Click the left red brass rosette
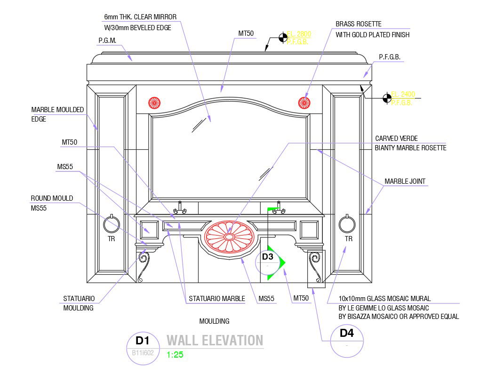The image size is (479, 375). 154,102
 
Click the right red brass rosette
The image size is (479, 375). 304,102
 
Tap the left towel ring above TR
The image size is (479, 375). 112,224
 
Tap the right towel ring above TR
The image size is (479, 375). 348,224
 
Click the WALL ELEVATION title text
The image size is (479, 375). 215,340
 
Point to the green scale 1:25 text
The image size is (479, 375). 175,355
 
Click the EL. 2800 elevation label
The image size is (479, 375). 299,34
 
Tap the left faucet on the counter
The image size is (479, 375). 179,208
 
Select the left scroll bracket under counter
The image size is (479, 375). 144,266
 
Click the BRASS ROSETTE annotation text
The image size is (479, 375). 358,24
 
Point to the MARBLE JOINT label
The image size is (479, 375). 405,181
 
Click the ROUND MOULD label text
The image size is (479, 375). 52,198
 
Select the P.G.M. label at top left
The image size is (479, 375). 107,41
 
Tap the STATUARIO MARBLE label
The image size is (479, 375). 216,299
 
